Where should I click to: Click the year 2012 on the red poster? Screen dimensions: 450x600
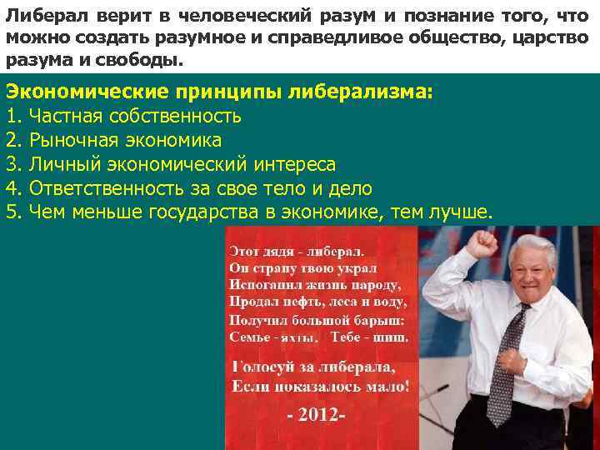(x=316, y=414)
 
